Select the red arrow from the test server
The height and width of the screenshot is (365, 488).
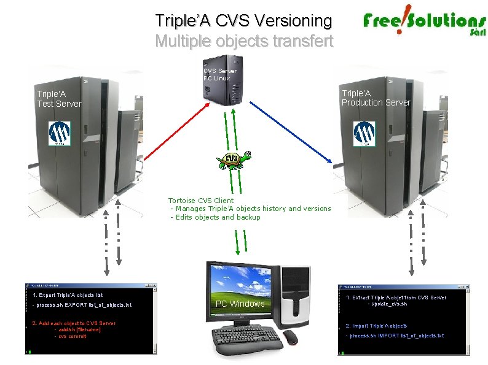point(175,134)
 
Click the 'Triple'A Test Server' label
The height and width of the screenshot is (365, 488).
point(59,99)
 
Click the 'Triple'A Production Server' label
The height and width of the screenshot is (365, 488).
point(376,98)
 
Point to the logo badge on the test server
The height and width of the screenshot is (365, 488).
point(60,133)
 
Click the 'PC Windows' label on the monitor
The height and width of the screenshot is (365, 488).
point(240,304)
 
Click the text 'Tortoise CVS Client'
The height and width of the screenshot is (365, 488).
point(201,201)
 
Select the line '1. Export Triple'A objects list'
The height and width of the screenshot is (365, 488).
point(68,295)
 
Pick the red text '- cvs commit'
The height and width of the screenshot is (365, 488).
point(71,336)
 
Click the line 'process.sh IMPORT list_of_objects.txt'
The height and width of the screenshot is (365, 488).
point(396,336)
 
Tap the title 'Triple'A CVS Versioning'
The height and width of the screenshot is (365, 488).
point(243,21)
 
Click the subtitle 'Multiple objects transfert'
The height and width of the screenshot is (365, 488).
point(243,41)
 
